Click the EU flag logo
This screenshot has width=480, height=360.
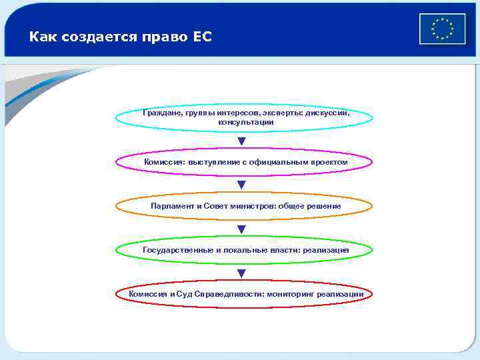(x=442, y=29)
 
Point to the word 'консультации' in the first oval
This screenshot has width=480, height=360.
(x=241, y=123)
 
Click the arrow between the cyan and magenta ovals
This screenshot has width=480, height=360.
(x=241, y=141)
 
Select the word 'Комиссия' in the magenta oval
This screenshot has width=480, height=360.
(x=164, y=162)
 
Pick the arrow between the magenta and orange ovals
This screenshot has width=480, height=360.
(x=241, y=185)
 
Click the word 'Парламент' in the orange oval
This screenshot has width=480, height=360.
(x=172, y=206)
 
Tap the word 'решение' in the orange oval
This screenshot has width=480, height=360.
(x=324, y=206)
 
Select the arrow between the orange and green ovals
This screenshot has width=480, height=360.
(x=241, y=229)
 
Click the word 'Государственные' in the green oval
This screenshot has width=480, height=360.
(x=176, y=250)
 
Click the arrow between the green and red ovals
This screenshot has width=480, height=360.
(x=241, y=273)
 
